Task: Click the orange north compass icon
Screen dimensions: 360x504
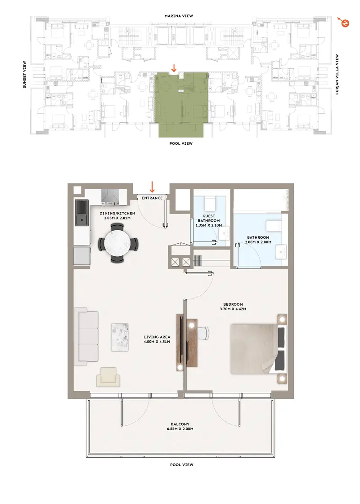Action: [345, 23]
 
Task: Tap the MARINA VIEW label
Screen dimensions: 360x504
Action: [179, 16]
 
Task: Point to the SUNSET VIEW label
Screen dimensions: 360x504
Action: [24, 75]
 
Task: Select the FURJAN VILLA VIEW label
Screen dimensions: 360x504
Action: [337, 74]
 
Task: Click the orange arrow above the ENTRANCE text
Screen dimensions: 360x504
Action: [152, 187]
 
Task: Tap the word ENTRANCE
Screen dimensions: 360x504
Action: [152, 198]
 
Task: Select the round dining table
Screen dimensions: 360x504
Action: [117, 243]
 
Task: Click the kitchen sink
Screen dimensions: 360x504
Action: [81, 220]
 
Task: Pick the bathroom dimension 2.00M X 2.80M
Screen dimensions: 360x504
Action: [258, 242]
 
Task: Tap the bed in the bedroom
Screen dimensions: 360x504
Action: [258, 349]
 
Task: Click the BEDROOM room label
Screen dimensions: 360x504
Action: [233, 304]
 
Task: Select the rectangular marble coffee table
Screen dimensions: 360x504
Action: [120, 337]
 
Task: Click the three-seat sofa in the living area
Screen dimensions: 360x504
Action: [86, 337]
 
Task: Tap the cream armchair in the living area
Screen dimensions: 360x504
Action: [108, 377]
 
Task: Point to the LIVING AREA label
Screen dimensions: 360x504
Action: [157, 337]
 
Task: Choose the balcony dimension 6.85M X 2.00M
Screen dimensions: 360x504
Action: [180, 429]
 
